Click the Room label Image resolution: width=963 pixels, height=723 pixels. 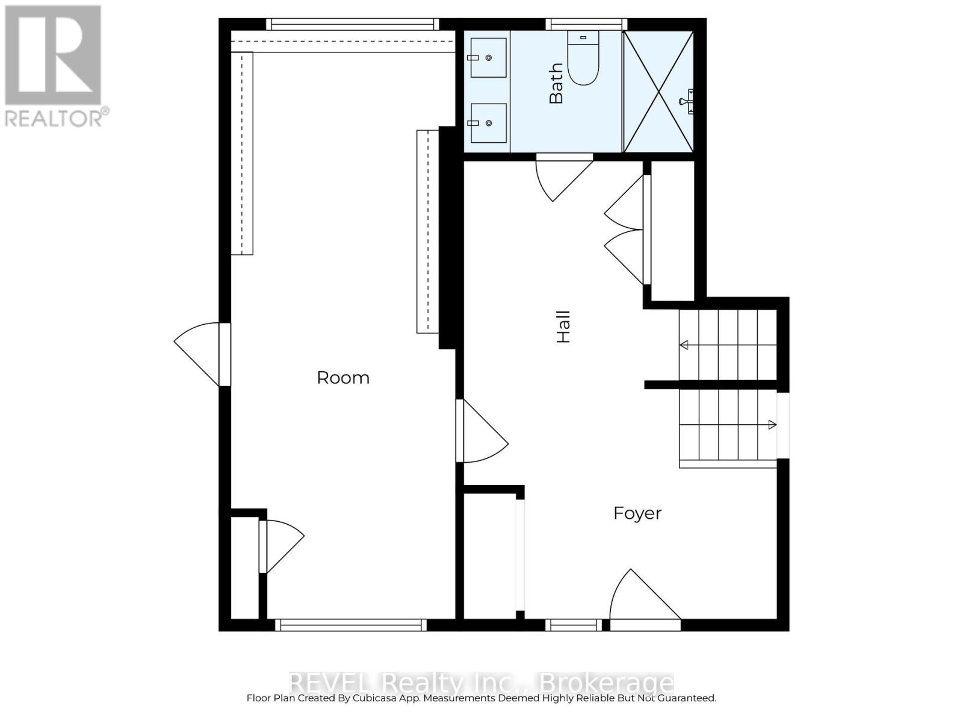[x=343, y=378]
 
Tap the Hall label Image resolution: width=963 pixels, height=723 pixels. [x=563, y=327]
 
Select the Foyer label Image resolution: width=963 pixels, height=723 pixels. [x=637, y=513]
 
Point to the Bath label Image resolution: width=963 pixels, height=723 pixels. [x=556, y=84]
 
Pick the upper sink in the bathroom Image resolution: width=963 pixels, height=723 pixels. [x=488, y=58]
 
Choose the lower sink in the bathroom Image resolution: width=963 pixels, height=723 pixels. [x=488, y=123]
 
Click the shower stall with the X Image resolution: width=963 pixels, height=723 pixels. [x=658, y=92]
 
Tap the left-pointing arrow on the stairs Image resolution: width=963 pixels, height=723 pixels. [x=684, y=345]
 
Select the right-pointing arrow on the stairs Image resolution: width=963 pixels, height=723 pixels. [x=772, y=425]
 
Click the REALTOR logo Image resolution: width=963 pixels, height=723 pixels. [x=55, y=66]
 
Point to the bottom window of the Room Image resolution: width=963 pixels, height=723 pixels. [x=351, y=625]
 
